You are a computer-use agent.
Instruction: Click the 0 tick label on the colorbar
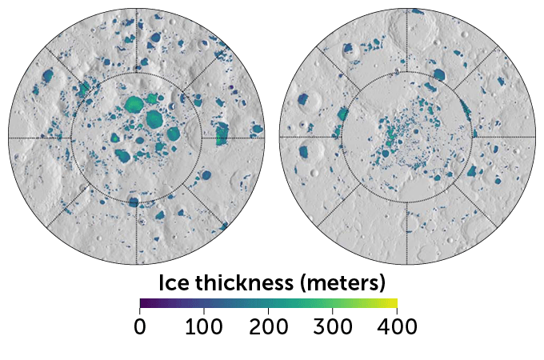pyautogui.click(x=140, y=326)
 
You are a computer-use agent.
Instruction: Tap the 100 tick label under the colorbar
pyautogui.click(x=204, y=326)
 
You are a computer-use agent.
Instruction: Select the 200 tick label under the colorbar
pyautogui.click(x=269, y=326)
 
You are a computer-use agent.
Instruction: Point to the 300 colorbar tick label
pyautogui.click(x=333, y=326)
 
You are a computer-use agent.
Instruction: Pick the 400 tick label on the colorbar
pyautogui.click(x=397, y=326)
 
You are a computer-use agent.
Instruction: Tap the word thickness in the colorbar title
pyautogui.click(x=254, y=282)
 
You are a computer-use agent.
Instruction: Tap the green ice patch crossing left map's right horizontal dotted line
pyautogui.click(x=222, y=138)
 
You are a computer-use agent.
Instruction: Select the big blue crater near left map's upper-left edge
pyautogui.click(x=46, y=77)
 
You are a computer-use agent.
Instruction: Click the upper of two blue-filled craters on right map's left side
pyautogui.click(x=303, y=101)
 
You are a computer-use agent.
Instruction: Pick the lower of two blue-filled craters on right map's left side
pyautogui.click(x=305, y=152)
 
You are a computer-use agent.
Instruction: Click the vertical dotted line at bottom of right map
pyautogui.click(x=407, y=232)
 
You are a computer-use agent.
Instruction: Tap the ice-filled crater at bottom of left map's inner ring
pyautogui.click(x=134, y=202)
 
